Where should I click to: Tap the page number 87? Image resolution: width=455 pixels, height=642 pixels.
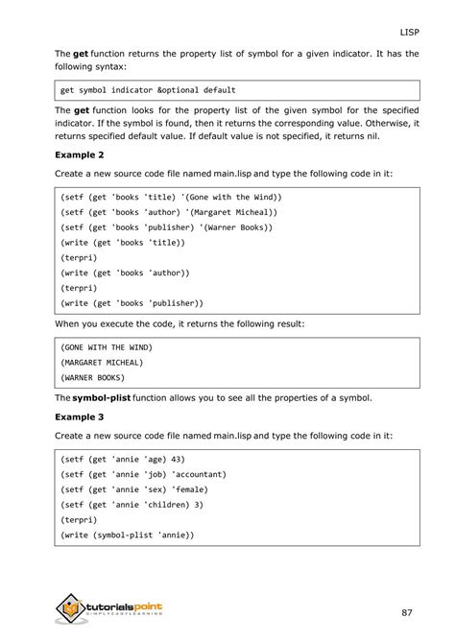[409, 611]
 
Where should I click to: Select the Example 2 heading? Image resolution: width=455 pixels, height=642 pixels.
[80, 154]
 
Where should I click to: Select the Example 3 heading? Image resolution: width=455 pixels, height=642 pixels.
[80, 417]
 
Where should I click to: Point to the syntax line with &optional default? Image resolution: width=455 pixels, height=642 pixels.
[147, 90]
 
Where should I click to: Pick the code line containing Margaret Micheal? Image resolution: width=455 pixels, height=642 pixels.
[168, 211]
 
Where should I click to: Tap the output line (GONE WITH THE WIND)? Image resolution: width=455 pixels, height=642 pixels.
[107, 345]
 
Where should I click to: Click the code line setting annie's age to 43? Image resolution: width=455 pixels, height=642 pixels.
[122, 459]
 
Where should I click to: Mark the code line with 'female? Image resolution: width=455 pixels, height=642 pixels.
[132, 489]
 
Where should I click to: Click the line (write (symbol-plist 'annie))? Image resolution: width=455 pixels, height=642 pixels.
[127, 535]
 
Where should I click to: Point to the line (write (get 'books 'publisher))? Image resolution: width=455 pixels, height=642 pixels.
[132, 302]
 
